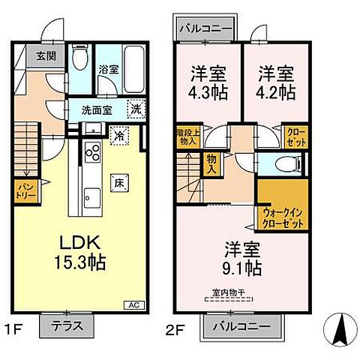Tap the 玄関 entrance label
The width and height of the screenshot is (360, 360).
point(37,55)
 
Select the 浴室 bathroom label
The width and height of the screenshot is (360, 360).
point(109,70)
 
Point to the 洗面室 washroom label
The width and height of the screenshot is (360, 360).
point(97,109)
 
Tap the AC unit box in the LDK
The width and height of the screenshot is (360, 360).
point(132,304)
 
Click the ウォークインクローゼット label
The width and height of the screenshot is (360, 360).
point(283,218)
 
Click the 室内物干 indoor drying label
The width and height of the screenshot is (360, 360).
point(229,294)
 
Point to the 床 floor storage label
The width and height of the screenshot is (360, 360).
point(118,181)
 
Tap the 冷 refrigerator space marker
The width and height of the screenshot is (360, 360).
point(118,136)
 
